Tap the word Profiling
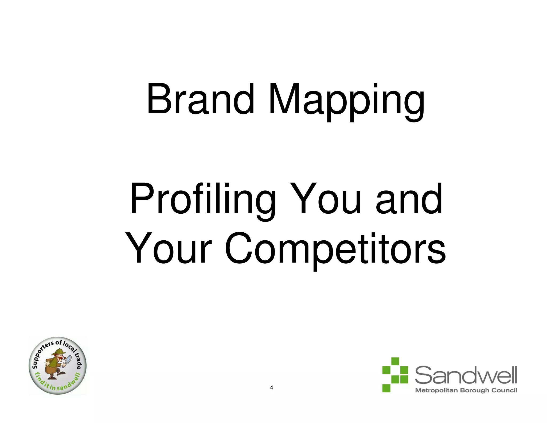202,199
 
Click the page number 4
272,388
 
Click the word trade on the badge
77,361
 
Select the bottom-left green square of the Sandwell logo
386,388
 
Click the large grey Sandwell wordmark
466,375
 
